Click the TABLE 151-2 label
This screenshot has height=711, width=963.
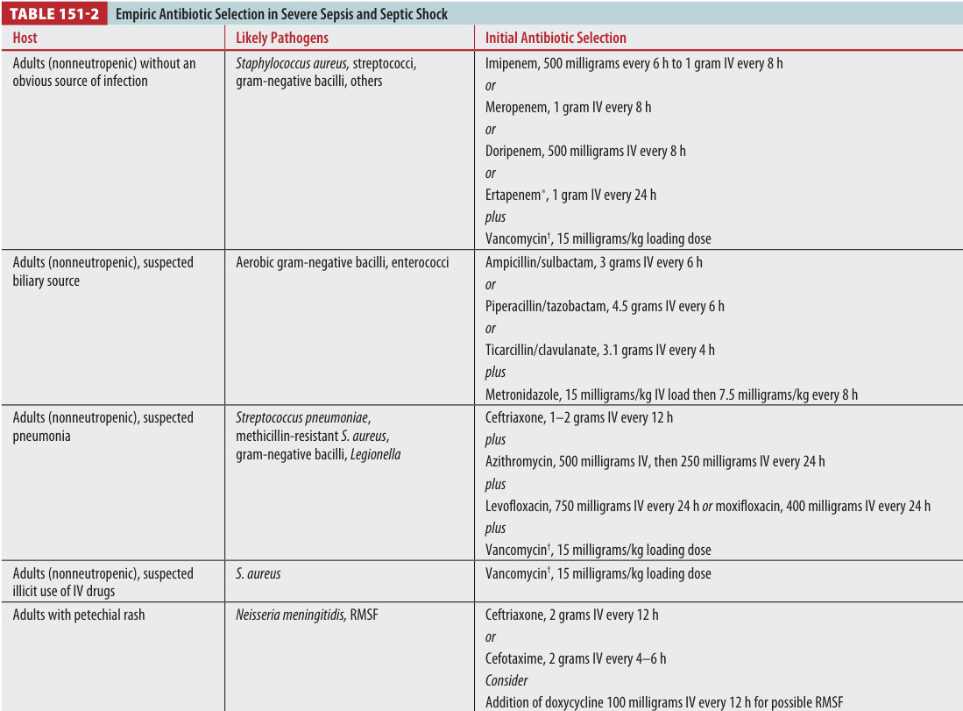[54, 14]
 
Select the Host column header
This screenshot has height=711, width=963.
[25, 39]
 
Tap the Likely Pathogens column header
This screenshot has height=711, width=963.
[282, 39]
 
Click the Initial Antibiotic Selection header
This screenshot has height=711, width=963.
[556, 39]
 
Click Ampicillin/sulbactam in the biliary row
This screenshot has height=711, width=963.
[540, 263]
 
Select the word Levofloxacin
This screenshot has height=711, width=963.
[518, 506]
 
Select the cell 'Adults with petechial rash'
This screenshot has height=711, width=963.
[78, 615]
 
